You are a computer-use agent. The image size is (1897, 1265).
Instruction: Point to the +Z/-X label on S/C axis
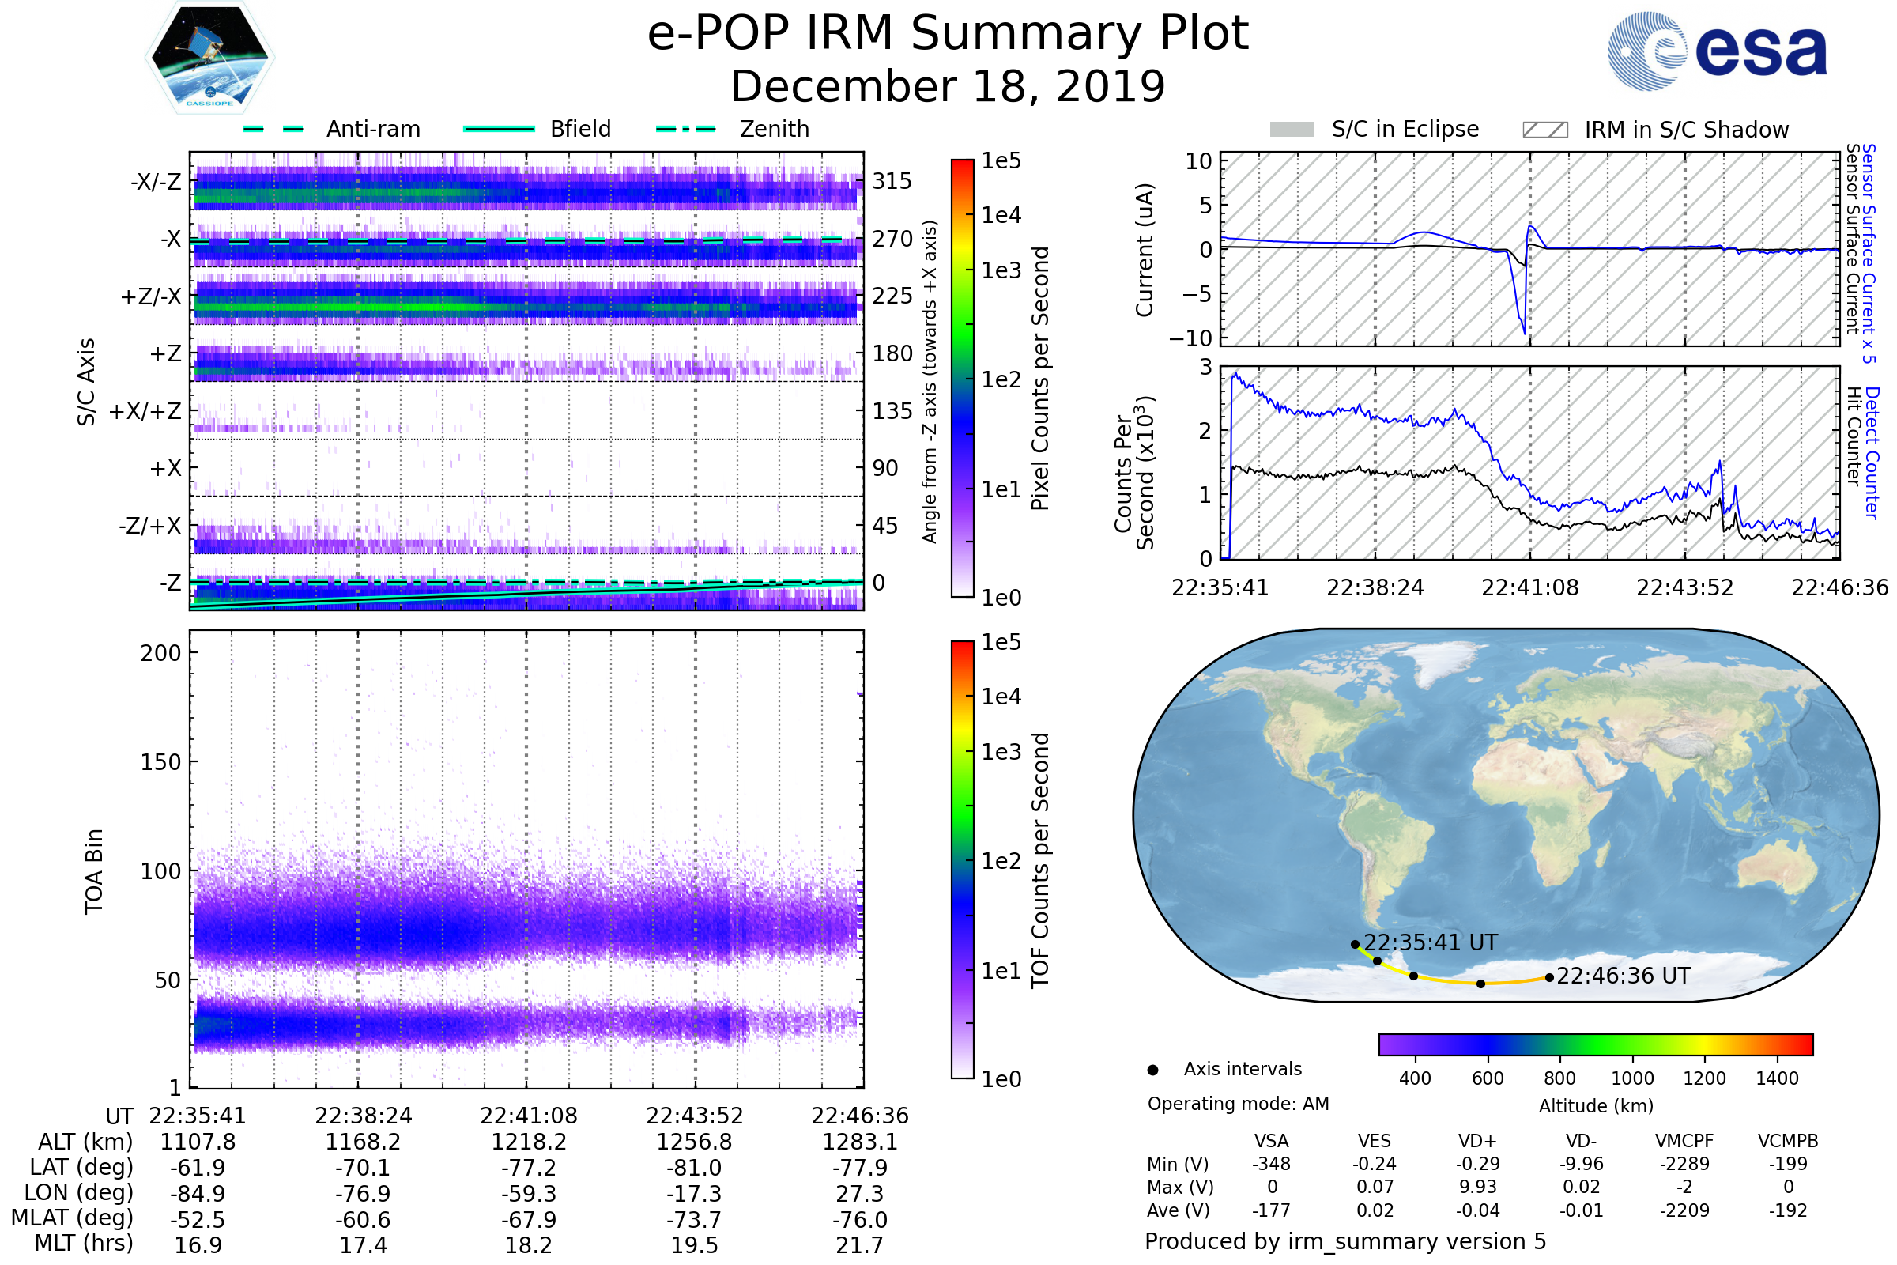151,297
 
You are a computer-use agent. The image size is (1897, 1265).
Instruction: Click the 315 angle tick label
892,182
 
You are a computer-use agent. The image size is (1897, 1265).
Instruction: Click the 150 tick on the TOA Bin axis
160,762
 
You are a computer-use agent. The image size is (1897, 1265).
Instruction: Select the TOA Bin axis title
93,871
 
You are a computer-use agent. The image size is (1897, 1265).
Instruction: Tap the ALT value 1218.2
528,1142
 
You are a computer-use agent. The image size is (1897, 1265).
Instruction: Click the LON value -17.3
694,1194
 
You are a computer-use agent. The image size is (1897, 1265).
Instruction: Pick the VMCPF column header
1684,1142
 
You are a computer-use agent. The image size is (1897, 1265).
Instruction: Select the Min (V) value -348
1271,1164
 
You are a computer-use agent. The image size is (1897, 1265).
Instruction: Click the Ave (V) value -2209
1684,1211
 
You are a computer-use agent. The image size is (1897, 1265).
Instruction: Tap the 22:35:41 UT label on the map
1430,943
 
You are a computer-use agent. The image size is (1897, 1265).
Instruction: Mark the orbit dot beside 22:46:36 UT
1549,978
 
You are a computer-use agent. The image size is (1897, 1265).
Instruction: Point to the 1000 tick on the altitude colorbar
1632,1078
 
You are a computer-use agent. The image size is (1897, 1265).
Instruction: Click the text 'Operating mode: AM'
1238,1104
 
